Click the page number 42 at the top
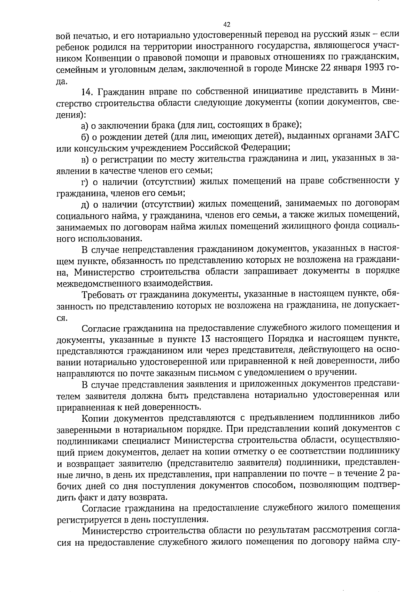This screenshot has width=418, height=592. pyautogui.click(x=226, y=24)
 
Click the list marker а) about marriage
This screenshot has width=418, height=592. pyautogui.click(x=85, y=125)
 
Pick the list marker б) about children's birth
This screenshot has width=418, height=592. pyautogui.click(x=85, y=136)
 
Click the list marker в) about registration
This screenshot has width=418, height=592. pyautogui.click(x=85, y=159)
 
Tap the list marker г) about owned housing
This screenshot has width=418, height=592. pyautogui.click(x=84, y=181)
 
